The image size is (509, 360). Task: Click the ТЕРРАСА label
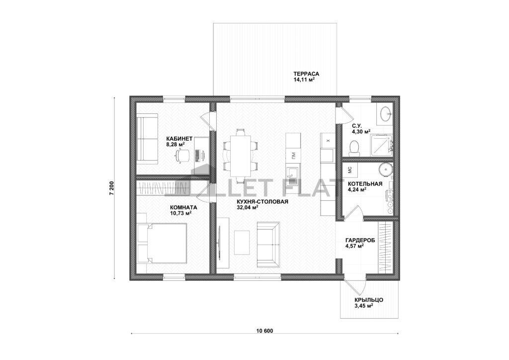304,74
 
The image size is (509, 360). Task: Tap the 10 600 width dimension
264,331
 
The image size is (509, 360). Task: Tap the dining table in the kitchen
241,155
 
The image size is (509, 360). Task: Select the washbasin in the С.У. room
385,113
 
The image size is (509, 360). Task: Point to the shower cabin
382,145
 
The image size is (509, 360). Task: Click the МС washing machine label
350,170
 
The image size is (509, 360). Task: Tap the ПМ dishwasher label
293,157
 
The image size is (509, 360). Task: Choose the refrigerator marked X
327,141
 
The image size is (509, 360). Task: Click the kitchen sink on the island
293,176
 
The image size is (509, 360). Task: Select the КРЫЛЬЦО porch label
369,300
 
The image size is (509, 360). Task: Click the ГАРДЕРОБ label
360,240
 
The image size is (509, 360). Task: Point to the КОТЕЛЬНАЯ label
365,184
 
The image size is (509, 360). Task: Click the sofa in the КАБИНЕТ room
147,139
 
